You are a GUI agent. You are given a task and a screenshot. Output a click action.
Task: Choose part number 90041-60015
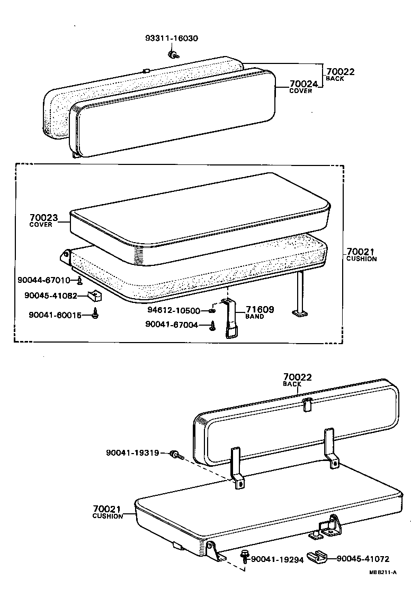(x=56, y=315)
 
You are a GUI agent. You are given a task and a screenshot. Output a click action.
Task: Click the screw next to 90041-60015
(x=96, y=314)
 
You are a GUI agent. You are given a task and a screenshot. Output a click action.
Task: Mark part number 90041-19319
(x=132, y=453)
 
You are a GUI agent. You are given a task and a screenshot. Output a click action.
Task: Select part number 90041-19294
(x=277, y=559)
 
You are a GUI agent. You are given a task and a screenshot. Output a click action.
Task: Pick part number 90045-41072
(x=363, y=558)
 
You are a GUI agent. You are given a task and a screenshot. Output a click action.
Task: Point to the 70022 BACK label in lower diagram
(x=297, y=380)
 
